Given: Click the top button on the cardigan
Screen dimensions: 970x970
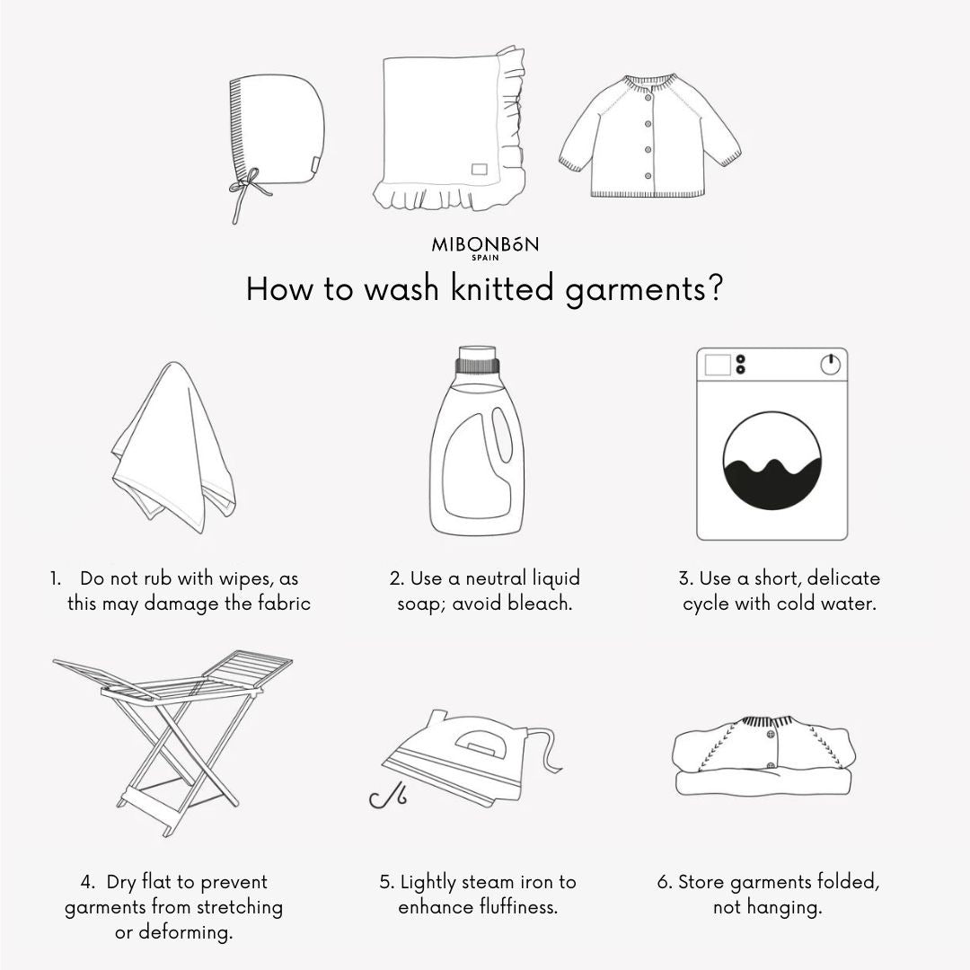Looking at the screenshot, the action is [648, 97].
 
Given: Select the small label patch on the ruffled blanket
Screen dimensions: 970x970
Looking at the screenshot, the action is [480, 169].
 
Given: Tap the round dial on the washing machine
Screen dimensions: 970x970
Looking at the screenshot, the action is [830, 365].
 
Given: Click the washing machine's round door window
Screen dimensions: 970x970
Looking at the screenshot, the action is [772, 461].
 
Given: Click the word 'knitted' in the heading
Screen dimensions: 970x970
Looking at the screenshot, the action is [502, 288].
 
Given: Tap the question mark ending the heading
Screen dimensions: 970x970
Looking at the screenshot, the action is [715, 288].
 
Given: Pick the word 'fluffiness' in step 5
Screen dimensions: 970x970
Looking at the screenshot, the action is [518, 907].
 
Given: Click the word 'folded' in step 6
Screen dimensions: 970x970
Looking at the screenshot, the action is [848, 882].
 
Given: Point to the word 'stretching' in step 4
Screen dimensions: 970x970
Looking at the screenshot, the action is [240, 907].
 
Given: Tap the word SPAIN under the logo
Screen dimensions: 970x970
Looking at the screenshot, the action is [485, 258].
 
